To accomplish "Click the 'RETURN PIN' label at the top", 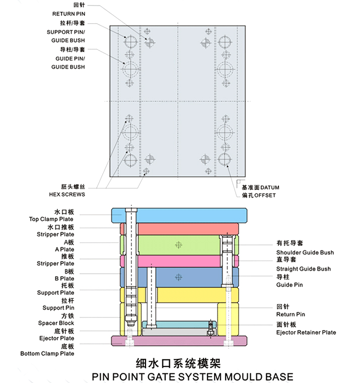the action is click(x=68, y=14).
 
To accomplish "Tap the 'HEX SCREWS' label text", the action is click(x=67, y=195).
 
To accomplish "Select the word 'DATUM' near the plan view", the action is click(x=270, y=187).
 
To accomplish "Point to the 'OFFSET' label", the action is click(x=265, y=196).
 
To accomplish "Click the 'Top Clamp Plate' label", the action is click(x=51, y=219).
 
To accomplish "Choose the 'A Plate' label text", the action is click(x=64, y=249).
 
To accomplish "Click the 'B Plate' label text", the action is click(x=64, y=279).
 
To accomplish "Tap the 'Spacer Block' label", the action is click(x=56, y=323).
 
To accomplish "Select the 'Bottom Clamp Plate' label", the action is click(x=47, y=353).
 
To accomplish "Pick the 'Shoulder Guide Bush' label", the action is click(x=305, y=252).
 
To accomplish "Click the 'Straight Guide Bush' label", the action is click(x=304, y=269).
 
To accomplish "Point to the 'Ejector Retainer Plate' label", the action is click(x=306, y=333).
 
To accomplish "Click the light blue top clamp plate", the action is click(x=190, y=215).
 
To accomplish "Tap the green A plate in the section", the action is click(x=179, y=245).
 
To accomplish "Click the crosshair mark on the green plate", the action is click(x=179, y=245).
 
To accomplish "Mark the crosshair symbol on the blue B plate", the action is click(x=179, y=277).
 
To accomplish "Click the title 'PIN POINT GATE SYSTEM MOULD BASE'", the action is click(x=192, y=377).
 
